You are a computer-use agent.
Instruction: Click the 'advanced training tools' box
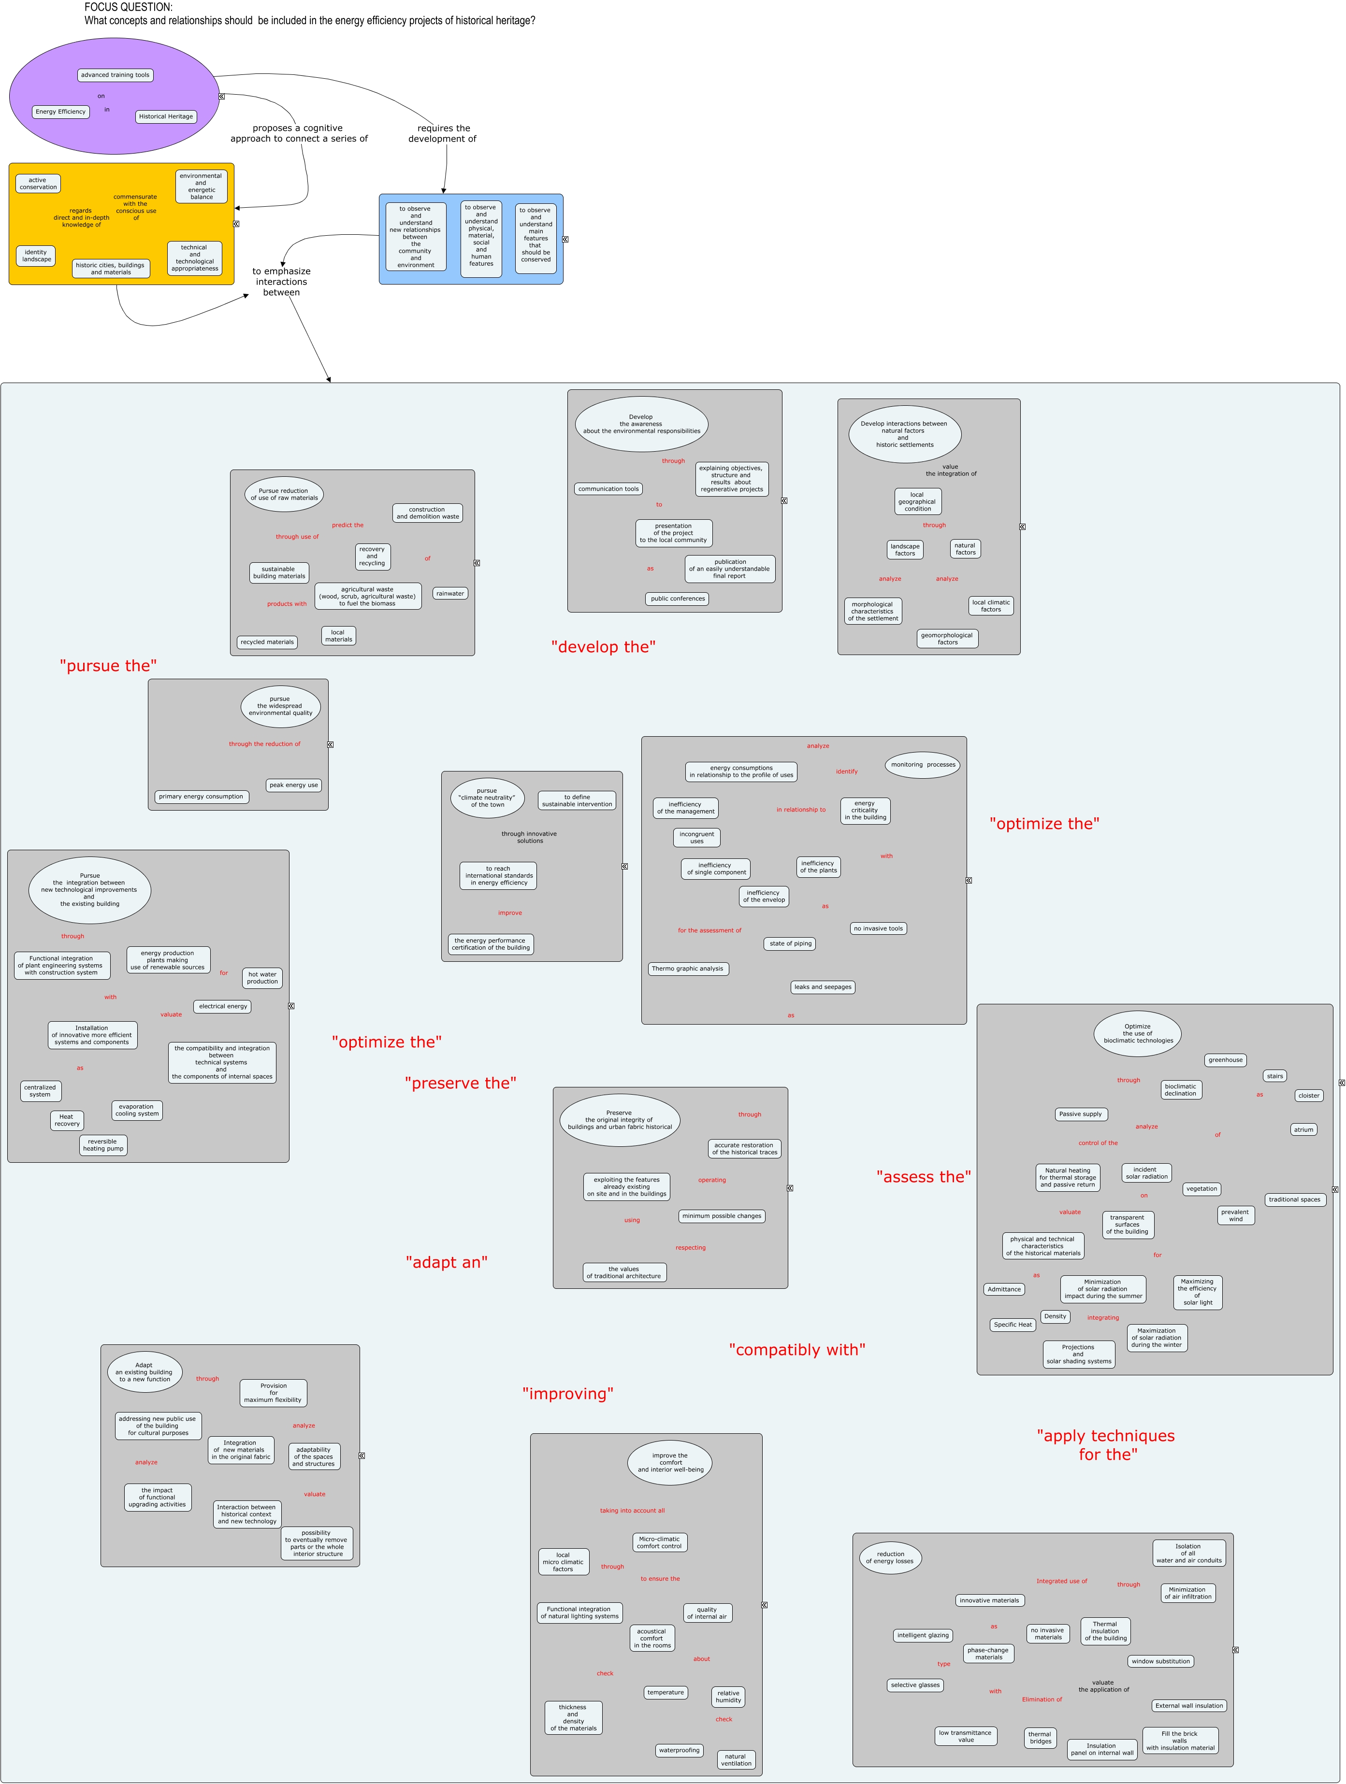tap(116, 75)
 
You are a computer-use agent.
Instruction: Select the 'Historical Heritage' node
tap(165, 116)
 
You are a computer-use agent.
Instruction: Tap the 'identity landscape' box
tap(36, 256)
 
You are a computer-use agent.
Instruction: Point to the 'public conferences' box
tap(678, 599)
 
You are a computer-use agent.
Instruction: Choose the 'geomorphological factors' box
tap(947, 639)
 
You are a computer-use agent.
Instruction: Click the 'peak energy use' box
tap(294, 785)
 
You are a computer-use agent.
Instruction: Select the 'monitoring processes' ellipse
tap(922, 765)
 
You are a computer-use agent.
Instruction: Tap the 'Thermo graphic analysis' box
tap(688, 969)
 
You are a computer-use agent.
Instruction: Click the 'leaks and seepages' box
tap(822, 987)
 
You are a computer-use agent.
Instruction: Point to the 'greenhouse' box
tap(1225, 1060)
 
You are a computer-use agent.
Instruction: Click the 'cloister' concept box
tap(1309, 1095)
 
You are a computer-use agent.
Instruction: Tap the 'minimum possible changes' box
tap(722, 1216)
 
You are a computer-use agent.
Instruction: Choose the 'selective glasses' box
tap(915, 1685)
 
